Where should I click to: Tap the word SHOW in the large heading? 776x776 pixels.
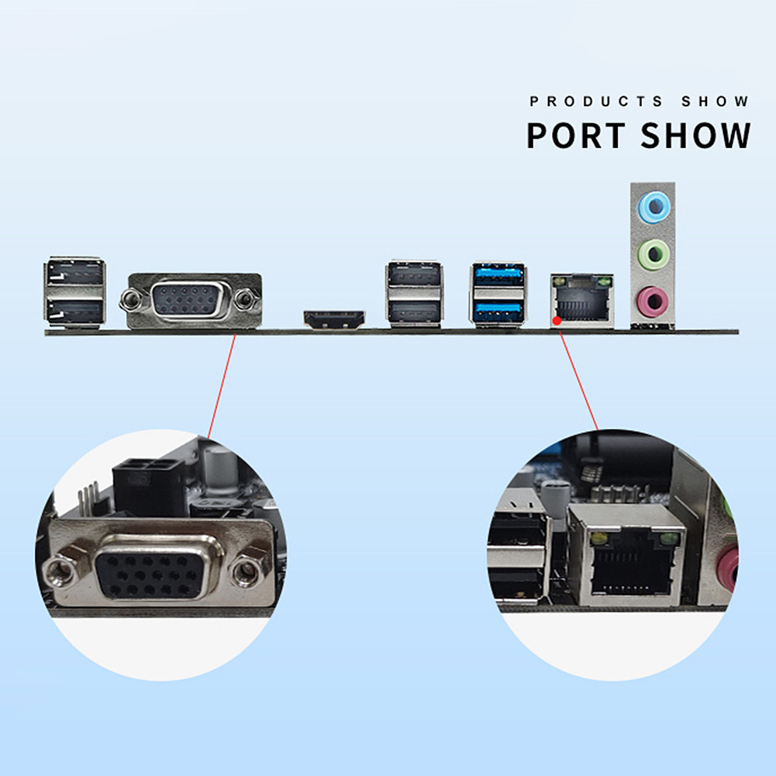[695, 135]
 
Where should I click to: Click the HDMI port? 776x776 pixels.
[334, 319]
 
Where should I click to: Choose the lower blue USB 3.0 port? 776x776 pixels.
[498, 311]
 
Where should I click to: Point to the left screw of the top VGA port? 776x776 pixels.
[130, 298]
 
